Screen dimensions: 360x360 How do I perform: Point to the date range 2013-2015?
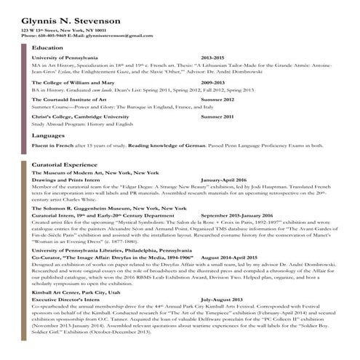[x=213, y=57]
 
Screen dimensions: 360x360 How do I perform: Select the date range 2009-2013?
[x=213, y=83]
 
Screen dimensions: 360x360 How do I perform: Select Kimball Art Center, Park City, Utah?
[x=81, y=293]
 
